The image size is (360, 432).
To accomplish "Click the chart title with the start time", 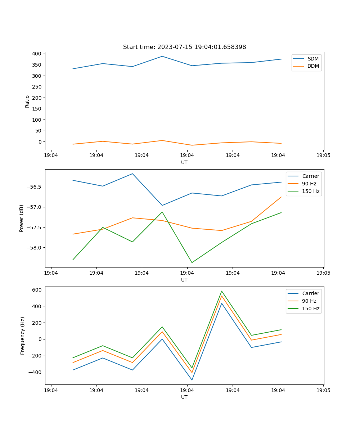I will (184, 47).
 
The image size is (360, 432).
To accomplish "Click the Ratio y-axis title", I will (27, 101).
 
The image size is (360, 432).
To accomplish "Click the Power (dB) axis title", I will (22, 218).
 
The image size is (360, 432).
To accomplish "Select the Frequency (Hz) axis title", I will (23, 336).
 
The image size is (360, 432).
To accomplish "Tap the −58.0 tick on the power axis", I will (35, 248).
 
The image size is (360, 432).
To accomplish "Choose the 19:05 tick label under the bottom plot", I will (323, 390).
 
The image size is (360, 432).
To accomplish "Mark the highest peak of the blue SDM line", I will (162, 56).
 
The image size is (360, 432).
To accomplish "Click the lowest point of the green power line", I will (192, 262).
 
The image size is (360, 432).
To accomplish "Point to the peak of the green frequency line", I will (222, 291).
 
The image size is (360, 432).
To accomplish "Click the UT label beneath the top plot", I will (184, 162).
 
